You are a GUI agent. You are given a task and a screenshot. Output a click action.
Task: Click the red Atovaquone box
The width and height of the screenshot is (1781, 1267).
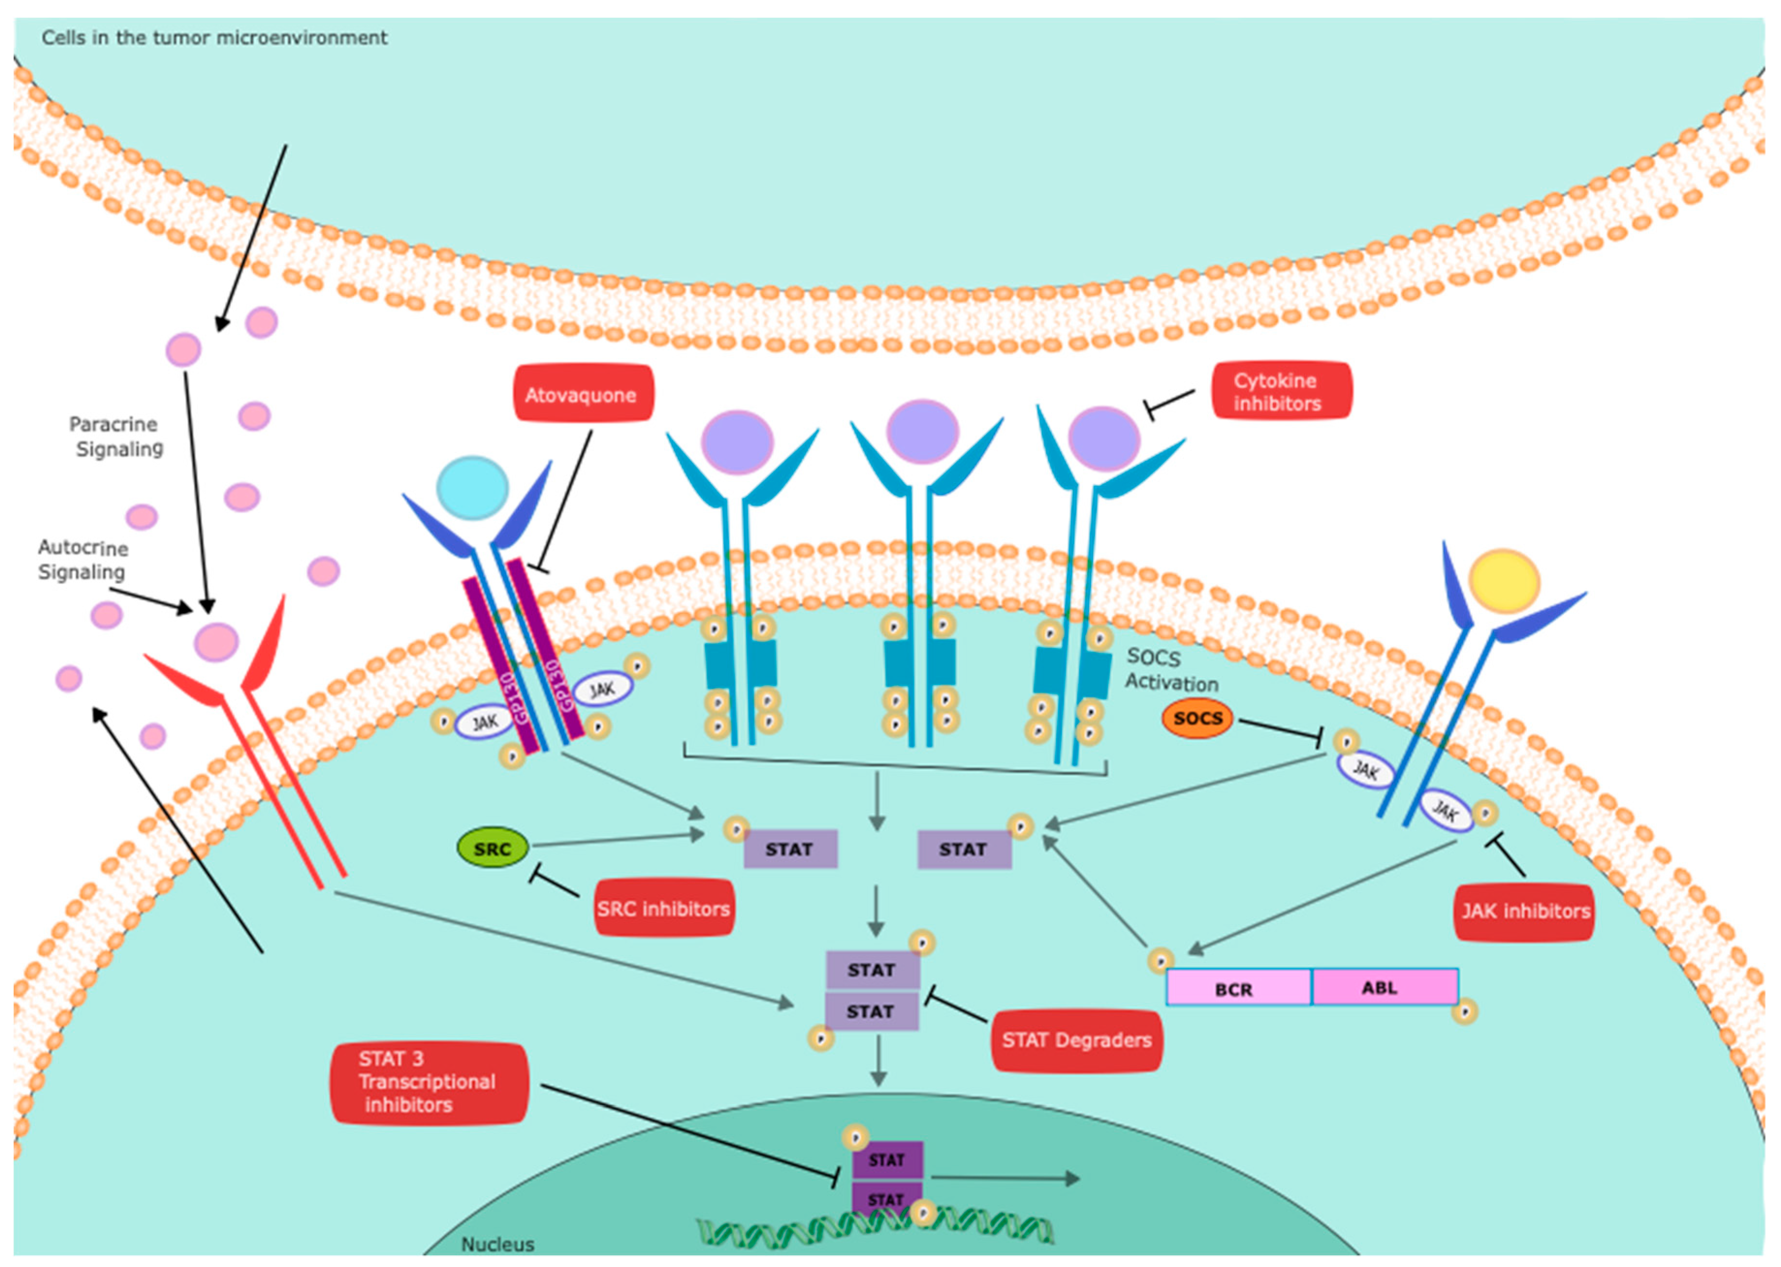click(583, 395)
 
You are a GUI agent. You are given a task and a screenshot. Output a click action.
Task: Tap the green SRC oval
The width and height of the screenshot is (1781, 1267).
click(492, 849)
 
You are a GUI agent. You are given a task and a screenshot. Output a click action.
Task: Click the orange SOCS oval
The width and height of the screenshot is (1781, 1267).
click(1198, 718)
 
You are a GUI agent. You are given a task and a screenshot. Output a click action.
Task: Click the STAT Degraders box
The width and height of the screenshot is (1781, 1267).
click(1076, 1040)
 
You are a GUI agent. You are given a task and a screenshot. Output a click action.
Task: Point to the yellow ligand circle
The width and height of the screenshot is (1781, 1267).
click(1503, 581)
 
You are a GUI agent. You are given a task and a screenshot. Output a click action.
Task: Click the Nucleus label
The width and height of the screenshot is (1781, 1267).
click(498, 1244)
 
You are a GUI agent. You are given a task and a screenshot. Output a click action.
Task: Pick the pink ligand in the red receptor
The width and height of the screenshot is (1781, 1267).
click(216, 642)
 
